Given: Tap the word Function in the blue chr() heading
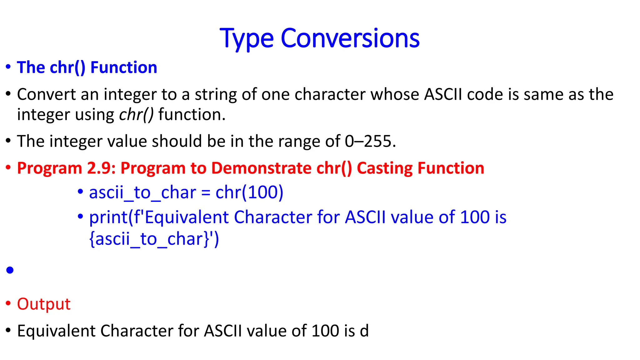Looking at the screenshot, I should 124,67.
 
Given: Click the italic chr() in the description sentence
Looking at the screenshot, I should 136,115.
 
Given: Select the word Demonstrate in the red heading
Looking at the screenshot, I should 261,168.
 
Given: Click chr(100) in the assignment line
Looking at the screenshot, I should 249,192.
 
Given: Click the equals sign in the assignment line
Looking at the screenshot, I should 206,193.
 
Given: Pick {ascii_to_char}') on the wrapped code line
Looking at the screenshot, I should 154,239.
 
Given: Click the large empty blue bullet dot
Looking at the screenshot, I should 10,270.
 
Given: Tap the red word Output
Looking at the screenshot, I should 44,304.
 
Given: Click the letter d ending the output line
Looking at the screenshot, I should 364,331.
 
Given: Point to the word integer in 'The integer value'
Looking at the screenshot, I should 76,141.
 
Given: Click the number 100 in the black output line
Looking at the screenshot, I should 325,331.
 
